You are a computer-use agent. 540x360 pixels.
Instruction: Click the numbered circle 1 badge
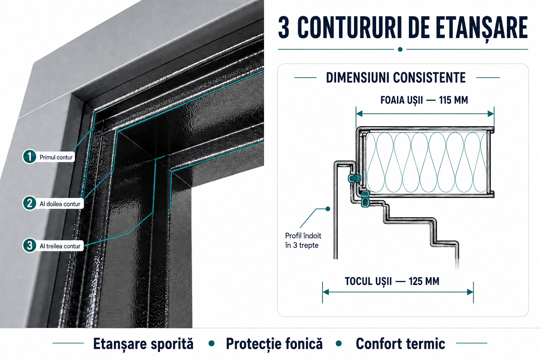coord(30,156)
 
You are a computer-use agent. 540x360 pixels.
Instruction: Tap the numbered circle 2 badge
coord(30,203)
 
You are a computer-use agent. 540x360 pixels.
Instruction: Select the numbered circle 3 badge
coord(30,245)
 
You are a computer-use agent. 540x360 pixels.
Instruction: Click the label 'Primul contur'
coord(56,157)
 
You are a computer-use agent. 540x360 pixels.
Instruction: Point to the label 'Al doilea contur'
coord(60,204)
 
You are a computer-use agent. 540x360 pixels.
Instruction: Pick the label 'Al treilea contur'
coord(60,246)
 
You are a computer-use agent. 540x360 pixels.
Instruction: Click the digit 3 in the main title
coord(284,28)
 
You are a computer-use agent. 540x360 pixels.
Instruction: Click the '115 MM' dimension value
coord(454,100)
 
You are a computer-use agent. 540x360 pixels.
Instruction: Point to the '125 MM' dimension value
coord(424,281)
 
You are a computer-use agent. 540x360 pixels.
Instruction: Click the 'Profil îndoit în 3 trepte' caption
coord(303,240)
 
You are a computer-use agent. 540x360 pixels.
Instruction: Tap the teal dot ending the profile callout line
coord(328,209)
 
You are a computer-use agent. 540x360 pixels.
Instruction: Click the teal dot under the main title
coord(400,50)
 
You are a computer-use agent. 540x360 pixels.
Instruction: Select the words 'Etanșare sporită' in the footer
coord(143,344)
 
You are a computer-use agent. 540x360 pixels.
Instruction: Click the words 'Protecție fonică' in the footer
coord(274,344)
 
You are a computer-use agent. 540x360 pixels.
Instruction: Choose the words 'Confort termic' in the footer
coord(400,343)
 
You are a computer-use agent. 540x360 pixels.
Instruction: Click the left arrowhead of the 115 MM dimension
coord(359,114)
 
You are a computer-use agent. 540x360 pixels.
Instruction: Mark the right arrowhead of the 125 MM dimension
coord(470,292)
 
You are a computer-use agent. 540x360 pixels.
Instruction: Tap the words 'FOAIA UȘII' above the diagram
coord(401,101)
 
